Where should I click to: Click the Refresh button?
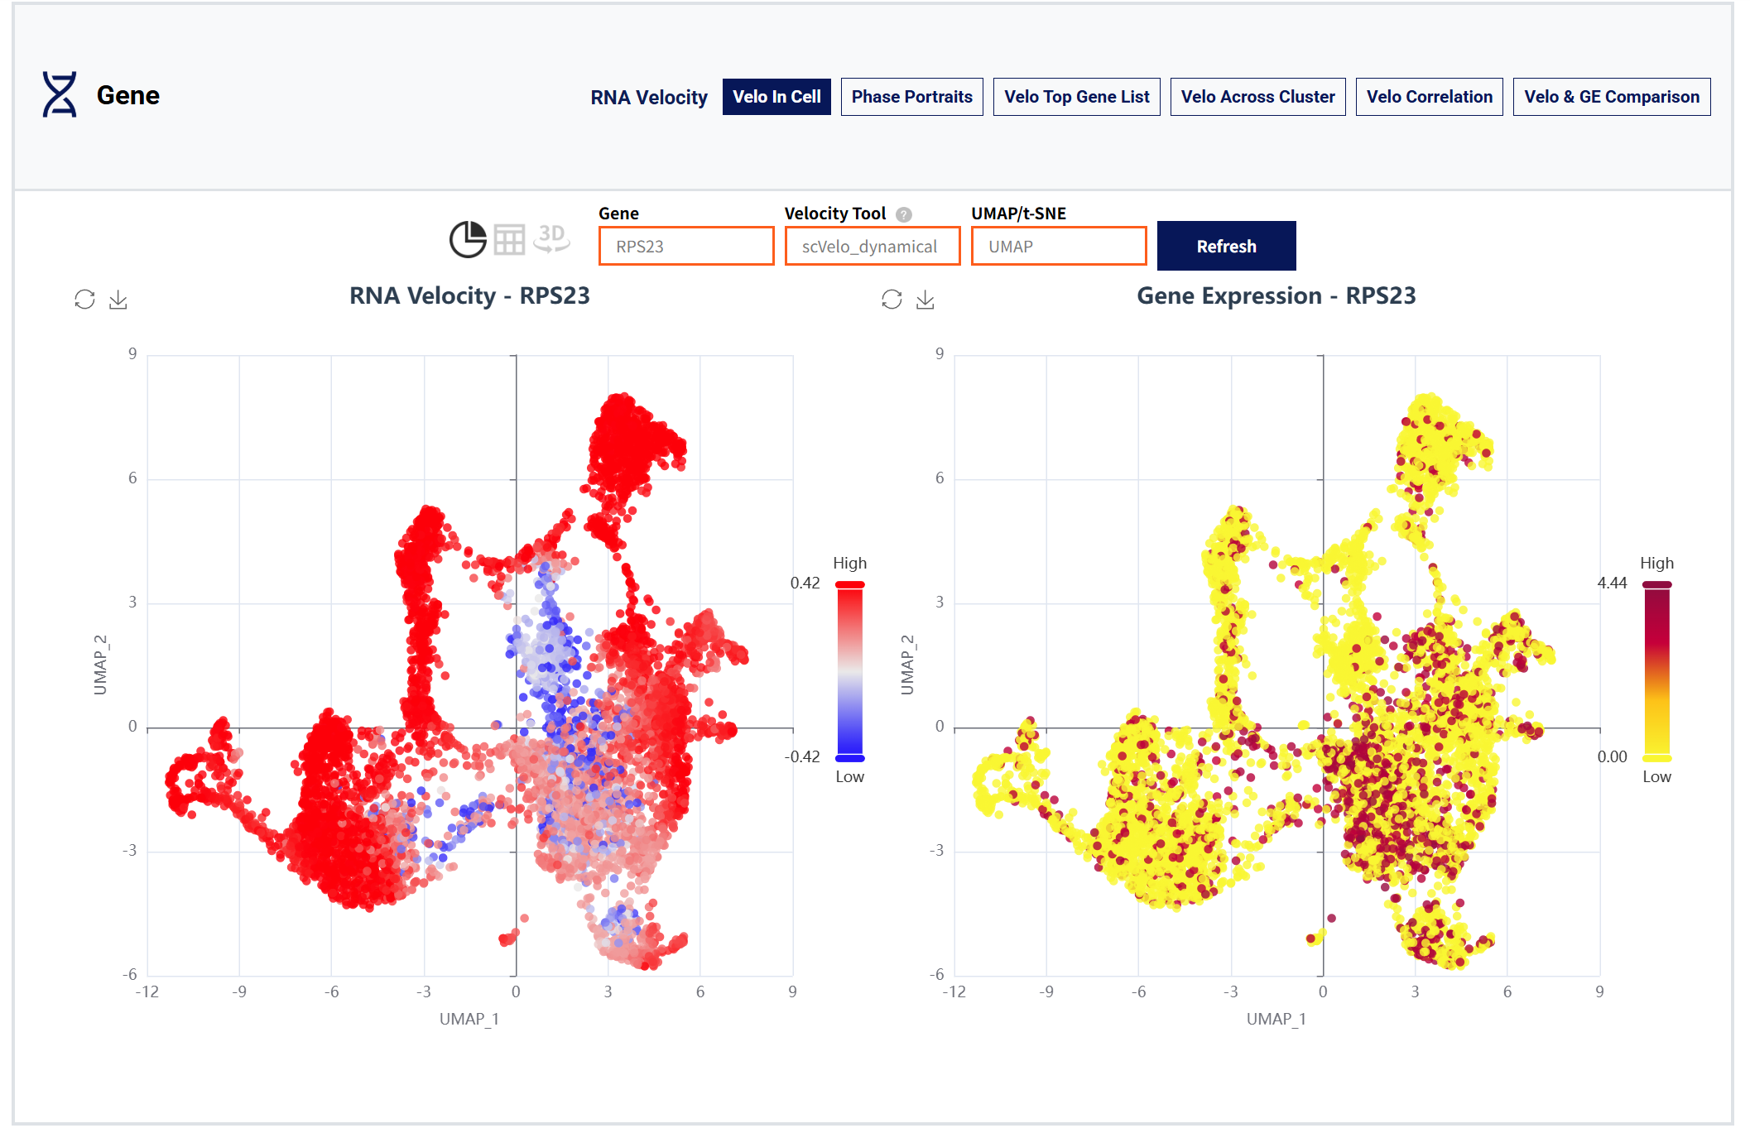[x=1225, y=246]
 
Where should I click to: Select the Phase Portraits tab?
[x=911, y=97]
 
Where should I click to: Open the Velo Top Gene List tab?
[x=1076, y=97]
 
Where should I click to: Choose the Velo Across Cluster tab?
[x=1257, y=97]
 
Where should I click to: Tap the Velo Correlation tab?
[x=1429, y=97]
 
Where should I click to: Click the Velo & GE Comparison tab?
[x=1611, y=97]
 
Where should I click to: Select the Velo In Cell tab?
[x=776, y=97]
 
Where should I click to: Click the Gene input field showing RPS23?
[x=685, y=247]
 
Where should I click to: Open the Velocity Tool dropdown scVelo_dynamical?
[x=872, y=247]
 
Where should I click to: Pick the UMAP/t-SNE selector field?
[x=1058, y=247]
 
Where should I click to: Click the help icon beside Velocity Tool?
[x=904, y=214]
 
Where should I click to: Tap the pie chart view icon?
[x=468, y=239]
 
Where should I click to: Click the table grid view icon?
[x=509, y=240]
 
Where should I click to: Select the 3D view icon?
[x=551, y=238]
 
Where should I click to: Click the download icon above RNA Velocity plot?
[x=118, y=300]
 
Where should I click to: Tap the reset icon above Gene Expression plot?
[x=892, y=300]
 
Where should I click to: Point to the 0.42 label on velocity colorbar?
[x=805, y=583]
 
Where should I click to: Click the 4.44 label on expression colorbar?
[x=1612, y=583]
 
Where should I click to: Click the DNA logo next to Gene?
[x=60, y=94]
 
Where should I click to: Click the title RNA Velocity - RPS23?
[x=469, y=295]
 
